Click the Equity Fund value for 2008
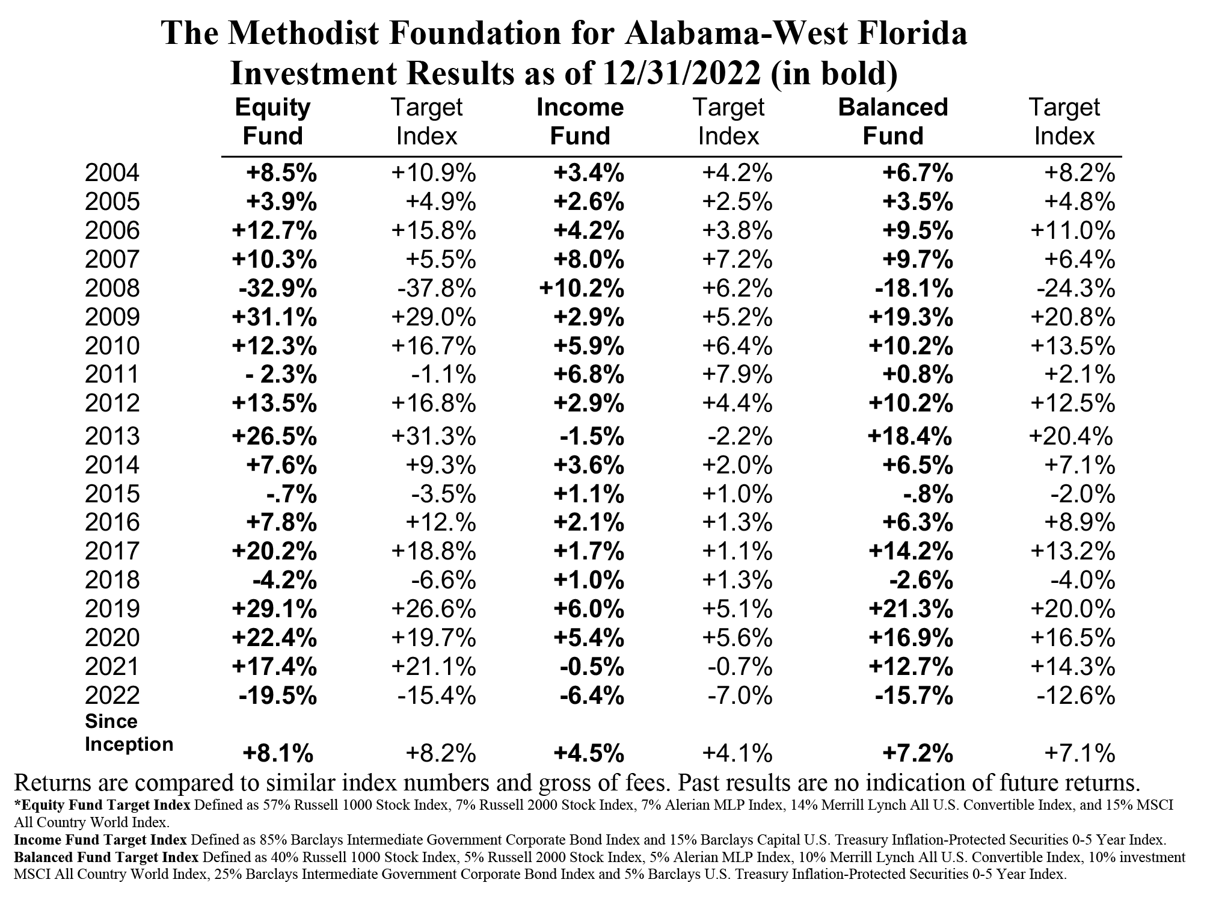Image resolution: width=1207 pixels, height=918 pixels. (x=277, y=289)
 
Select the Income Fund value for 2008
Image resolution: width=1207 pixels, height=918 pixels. (x=582, y=289)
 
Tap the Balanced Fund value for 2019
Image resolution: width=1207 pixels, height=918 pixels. (x=911, y=609)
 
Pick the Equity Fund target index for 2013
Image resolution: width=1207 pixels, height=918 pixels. (x=434, y=436)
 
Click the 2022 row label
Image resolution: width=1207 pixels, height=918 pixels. (x=112, y=696)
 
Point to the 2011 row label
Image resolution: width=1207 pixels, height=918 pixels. (x=112, y=375)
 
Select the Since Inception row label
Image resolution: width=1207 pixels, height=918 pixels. (x=129, y=733)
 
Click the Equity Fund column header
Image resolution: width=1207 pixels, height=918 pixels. (x=273, y=122)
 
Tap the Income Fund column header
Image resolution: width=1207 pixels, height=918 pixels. (x=580, y=122)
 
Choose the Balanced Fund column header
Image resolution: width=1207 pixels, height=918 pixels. (x=893, y=122)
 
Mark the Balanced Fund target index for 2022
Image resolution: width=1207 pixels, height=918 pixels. (x=1076, y=696)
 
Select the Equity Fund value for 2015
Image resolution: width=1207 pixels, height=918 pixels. (x=291, y=494)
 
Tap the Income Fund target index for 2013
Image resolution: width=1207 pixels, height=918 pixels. (x=739, y=436)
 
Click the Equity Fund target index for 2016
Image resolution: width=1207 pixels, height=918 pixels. (x=441, y=523)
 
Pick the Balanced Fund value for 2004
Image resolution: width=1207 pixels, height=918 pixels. (x=918, y=174)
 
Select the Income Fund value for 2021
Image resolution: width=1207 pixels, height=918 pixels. (x=592, y=667)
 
